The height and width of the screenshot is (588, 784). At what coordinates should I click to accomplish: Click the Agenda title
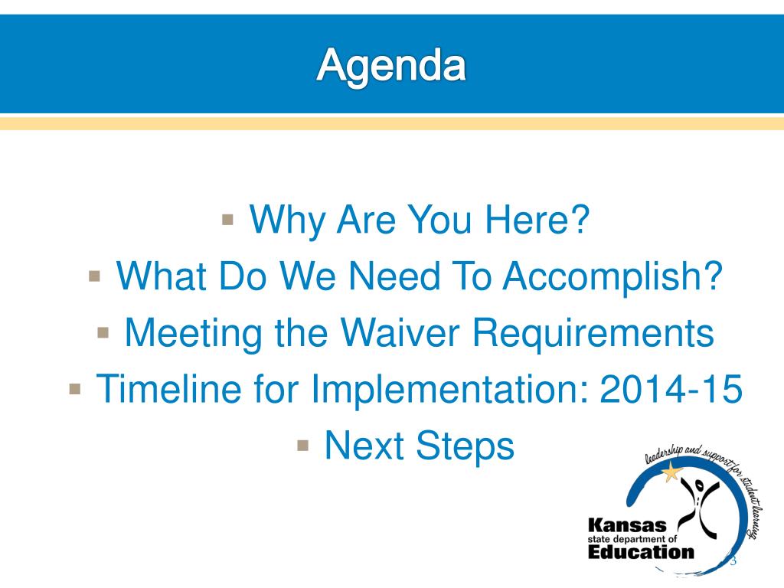coord(391,66)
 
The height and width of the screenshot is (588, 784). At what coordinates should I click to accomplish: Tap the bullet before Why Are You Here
coord(227,220)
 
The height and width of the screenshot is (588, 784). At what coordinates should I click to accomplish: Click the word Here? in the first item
coord(537,219)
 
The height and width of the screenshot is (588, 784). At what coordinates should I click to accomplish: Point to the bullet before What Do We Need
coord(94,276)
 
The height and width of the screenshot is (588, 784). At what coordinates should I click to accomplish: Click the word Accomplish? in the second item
coord(612,277)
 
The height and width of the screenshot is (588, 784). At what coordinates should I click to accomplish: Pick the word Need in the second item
coord(394,276)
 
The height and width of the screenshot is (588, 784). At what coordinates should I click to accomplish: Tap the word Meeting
coord(194,334)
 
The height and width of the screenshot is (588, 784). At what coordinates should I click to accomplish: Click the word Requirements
coord(593,334)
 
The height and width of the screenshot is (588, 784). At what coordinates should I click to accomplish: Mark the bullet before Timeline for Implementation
coord(75,389)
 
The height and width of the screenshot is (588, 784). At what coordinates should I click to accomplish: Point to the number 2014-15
coord(671,388)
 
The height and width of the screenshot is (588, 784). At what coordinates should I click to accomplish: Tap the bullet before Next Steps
coord(303,446)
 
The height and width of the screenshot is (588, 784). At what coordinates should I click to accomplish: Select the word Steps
coord(465,446)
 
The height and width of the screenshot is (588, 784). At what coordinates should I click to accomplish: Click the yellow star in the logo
coord(671,472)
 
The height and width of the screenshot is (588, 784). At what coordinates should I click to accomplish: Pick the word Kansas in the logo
coord(628,525)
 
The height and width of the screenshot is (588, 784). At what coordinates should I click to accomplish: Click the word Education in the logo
coord(641,552)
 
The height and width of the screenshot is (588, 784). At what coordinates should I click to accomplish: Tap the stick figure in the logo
coord(700,506)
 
